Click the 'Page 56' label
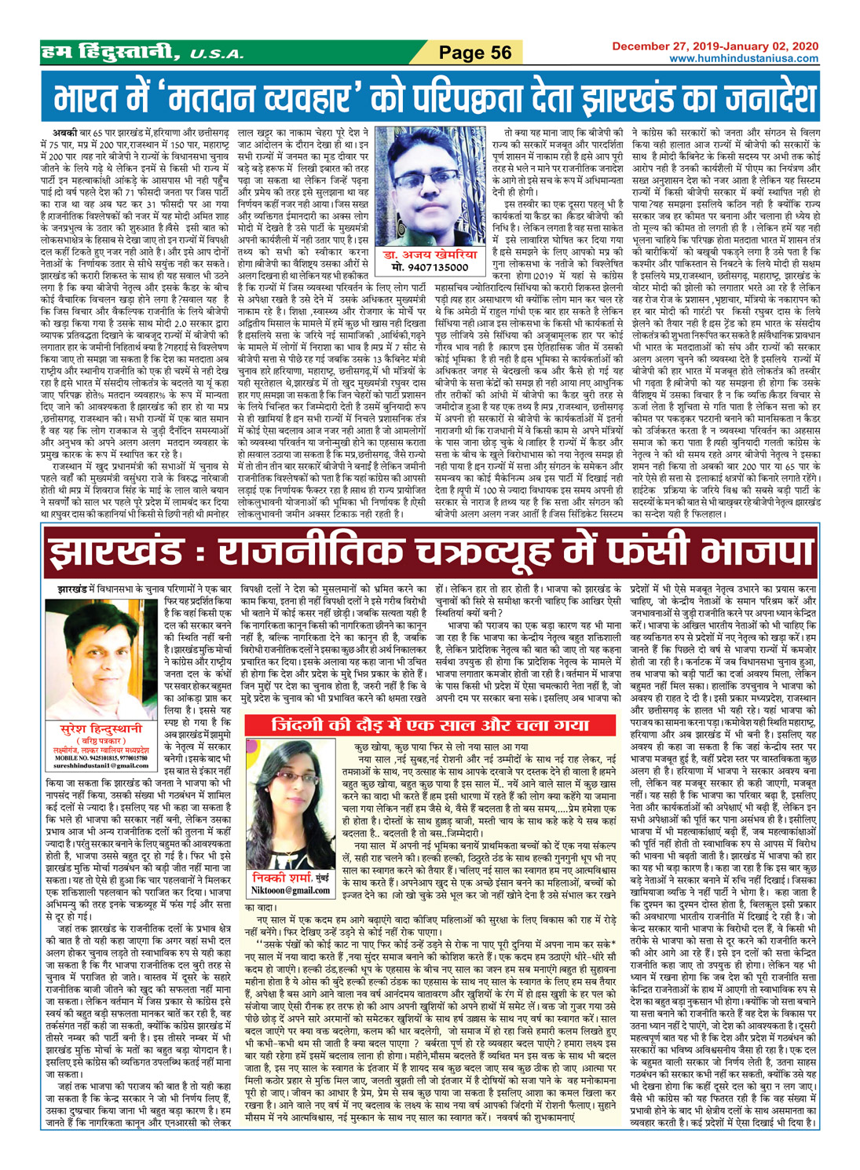475,53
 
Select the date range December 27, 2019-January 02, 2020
715,46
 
